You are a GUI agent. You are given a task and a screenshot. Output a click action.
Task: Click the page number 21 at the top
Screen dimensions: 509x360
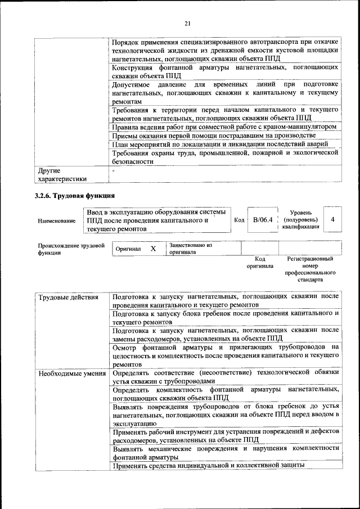pos(187,22)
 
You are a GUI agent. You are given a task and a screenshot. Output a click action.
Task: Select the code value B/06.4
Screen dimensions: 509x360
pos(262,220)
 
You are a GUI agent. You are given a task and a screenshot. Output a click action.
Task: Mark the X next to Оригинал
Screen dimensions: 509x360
pos(153,248)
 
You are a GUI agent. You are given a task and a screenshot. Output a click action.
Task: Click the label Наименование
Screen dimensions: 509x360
pos(57,221)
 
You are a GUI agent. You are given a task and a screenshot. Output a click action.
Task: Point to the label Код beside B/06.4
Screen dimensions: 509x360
pos(238,220)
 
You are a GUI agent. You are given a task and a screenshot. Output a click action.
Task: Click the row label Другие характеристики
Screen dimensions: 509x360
pos(62,174)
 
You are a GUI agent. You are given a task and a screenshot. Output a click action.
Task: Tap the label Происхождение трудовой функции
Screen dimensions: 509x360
pos(71,249)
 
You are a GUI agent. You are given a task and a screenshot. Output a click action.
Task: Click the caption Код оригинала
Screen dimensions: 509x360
pos(259,262)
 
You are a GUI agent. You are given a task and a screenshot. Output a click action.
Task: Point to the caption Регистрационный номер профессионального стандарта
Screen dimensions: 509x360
pos(310,269)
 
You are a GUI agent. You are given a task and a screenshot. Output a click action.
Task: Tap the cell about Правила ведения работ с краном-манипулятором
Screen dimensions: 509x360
pos(224,127)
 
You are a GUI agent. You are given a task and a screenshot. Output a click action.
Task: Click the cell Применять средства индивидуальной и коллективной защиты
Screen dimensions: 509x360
pos(208,465)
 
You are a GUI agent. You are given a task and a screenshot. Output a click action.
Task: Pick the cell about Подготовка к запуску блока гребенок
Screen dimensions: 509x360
pos(225,317)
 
